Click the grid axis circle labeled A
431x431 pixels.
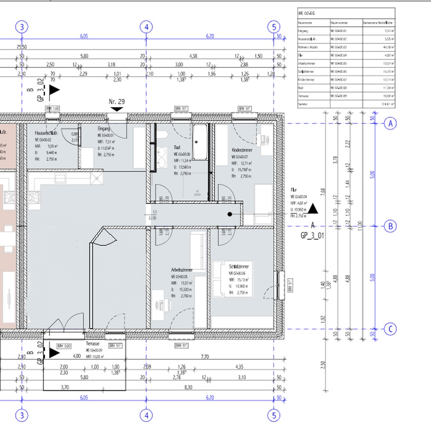coord(390,124)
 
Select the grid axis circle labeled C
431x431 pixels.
coord(390,330)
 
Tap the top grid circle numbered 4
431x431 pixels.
coord(146,27)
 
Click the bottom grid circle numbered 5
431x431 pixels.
coord(274,415)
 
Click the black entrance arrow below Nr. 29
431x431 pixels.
coord(117,109)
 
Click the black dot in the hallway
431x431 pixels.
coord(230,214)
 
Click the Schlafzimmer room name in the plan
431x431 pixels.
coord(239,266)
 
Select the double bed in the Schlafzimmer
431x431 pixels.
coord(232,279)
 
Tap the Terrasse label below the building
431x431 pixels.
coord(92,343)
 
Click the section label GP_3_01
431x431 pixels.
coord(312,236)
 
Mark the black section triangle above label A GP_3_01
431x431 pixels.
coord(313,209)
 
